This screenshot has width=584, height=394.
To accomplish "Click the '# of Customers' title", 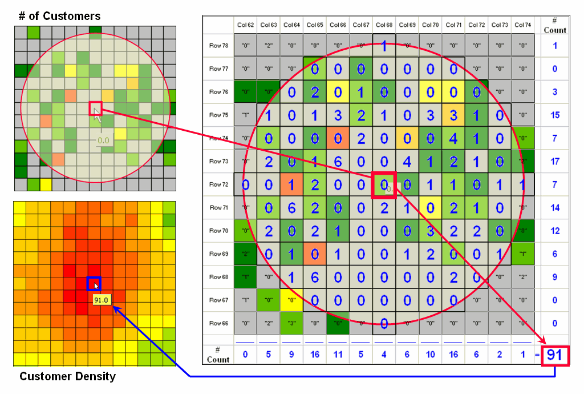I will coord(59,16).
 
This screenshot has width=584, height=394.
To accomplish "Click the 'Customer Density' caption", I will coord(67,376).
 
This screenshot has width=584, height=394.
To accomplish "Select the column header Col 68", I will coord(384,25).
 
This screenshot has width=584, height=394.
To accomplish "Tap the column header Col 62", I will coord(245,25).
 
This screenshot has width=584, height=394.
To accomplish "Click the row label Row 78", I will coord(218,45).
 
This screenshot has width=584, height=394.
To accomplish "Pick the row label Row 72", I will coord(218,184).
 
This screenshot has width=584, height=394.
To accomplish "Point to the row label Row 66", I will coord(218,323).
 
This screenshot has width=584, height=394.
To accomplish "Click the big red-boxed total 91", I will coord(555,356).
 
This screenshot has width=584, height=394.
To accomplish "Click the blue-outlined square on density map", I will coord(94,284).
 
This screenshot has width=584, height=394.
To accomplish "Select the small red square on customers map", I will coord(95,108).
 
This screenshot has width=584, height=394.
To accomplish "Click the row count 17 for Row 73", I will coord(555,162).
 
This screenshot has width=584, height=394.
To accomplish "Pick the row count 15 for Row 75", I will coord(555,115).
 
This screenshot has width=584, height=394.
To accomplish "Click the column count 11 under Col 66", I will coord(338,355).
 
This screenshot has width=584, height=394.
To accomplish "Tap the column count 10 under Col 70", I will coord(431,355).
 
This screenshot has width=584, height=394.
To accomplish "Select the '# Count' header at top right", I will coord(555,26).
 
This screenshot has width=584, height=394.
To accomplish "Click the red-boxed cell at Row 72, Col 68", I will coord(384,185).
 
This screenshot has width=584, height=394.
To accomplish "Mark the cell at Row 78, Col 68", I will coord(384,45).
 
